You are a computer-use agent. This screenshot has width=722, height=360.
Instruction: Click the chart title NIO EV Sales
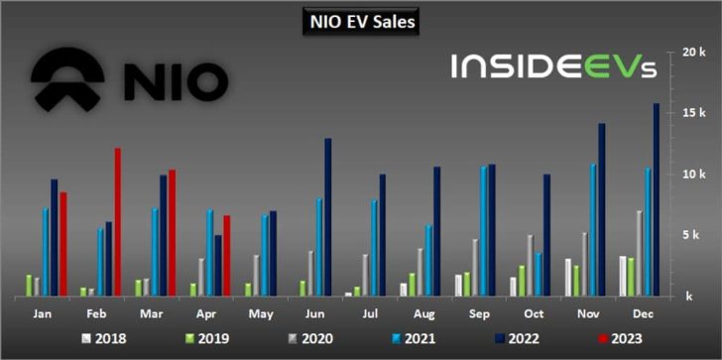[x=361, y=20]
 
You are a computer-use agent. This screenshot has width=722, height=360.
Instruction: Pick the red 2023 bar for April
[x=226, y=255]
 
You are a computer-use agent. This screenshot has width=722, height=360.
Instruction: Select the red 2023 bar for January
[x=63, y=243]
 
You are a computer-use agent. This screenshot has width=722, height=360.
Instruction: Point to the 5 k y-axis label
[x=692, y=235]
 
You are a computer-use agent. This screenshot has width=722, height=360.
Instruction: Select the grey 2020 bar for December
[x=640, y=253]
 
